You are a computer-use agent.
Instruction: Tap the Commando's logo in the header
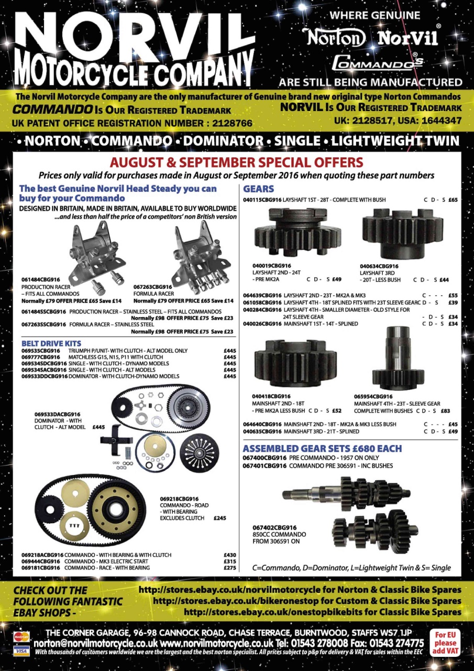click(378, 62)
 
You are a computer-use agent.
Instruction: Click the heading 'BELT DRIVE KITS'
click(51, 343)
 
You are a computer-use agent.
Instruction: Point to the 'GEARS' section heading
click(259, 189)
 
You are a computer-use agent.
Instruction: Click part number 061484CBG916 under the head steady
click(40, 280)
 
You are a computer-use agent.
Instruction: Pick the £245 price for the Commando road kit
click(220, 518)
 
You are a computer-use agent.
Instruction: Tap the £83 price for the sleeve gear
click(445, 411)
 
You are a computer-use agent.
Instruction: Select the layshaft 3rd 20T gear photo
click(403, 233)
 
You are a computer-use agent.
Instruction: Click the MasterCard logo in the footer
click(21, 636)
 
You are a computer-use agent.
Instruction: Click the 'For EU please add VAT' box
click(445, 642)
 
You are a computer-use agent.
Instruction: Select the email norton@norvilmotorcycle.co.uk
click(96, 643)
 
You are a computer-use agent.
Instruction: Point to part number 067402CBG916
click(274, 527)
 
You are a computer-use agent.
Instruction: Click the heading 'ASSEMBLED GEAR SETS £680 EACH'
click(322, 448)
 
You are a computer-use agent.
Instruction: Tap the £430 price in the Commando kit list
click(230, 555)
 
